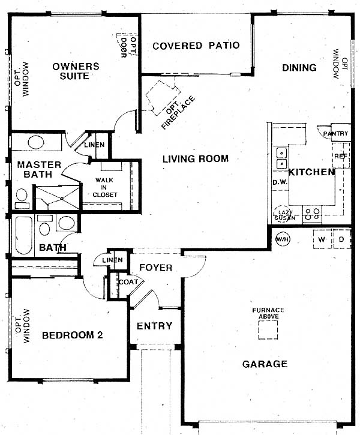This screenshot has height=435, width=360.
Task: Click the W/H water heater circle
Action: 283,239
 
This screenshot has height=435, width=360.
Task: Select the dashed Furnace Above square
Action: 268,330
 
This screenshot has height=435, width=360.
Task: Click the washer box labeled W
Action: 323,239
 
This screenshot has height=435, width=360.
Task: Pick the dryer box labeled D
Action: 342,239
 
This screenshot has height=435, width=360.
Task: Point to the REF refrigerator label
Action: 341,156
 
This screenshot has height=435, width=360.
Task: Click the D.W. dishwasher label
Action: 280,182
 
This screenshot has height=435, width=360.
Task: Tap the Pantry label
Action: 335,133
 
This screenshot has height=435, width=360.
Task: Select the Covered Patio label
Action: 196,46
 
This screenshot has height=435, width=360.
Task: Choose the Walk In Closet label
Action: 104,188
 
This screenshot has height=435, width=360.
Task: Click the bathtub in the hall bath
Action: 23,236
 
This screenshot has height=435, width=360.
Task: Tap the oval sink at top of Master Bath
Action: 36,143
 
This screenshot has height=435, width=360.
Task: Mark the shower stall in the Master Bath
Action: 58,197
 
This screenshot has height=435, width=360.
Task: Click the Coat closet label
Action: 128,282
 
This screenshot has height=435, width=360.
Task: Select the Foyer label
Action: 155,268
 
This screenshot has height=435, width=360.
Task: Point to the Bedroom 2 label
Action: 73,335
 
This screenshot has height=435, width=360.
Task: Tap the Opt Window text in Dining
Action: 340,64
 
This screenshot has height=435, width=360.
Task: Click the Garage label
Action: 265,364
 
